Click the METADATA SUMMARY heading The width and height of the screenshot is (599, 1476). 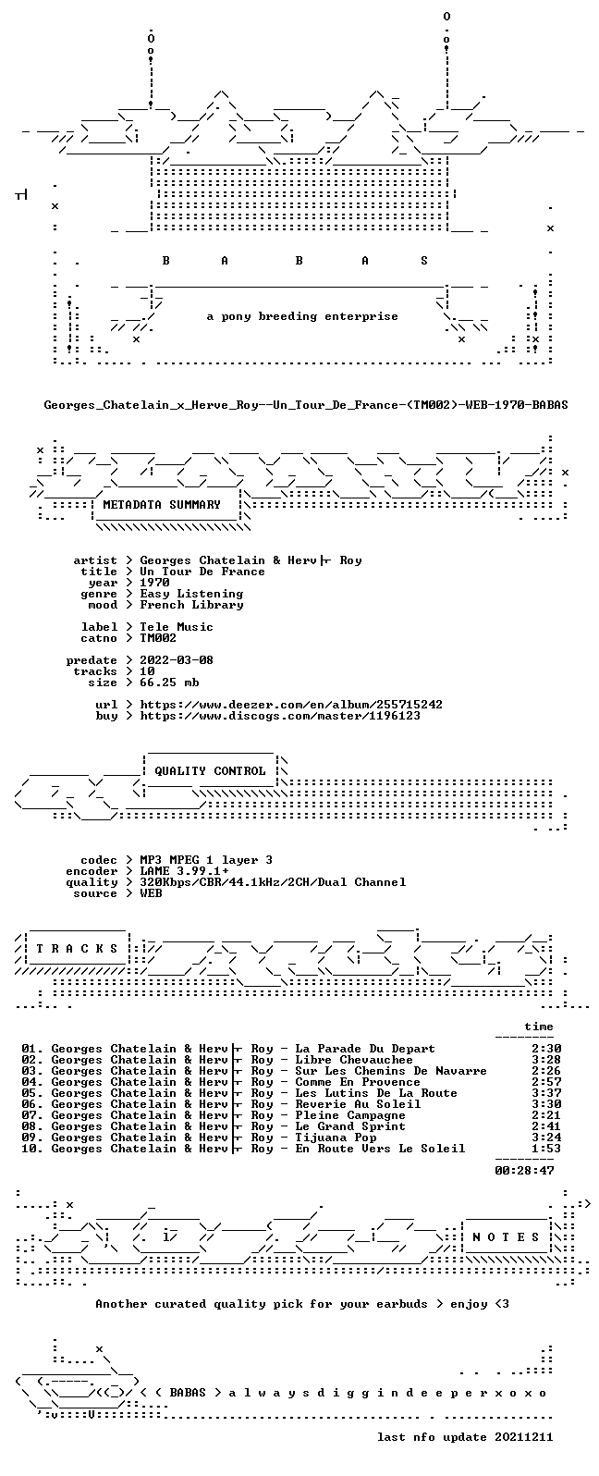coord(162,505)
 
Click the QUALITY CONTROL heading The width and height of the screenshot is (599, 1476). coord(210,771)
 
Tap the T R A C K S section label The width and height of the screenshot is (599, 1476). coord(77,948)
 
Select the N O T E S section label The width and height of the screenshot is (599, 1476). coord(506,1236)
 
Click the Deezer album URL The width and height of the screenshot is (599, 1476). coord(291,705)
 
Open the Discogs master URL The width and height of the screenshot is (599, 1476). coord(280,716)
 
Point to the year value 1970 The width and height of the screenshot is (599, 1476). coord(155,583)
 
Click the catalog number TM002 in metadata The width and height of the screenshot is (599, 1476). coord(158,638)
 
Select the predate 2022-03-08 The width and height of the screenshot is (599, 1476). coord(177,659)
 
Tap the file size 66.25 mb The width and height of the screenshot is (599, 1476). coord(169,682)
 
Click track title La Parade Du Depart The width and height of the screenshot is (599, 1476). coord(365,1049)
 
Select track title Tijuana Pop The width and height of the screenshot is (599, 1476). coord(336,1138)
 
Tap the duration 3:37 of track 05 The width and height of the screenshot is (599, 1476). coord(546,1092)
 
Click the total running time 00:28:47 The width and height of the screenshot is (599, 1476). coord(524,1170)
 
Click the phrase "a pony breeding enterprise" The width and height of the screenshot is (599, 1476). coord(302,316)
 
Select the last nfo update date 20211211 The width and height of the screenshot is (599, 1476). coord(524,1437)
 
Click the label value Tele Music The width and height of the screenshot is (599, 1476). coord(177,627)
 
